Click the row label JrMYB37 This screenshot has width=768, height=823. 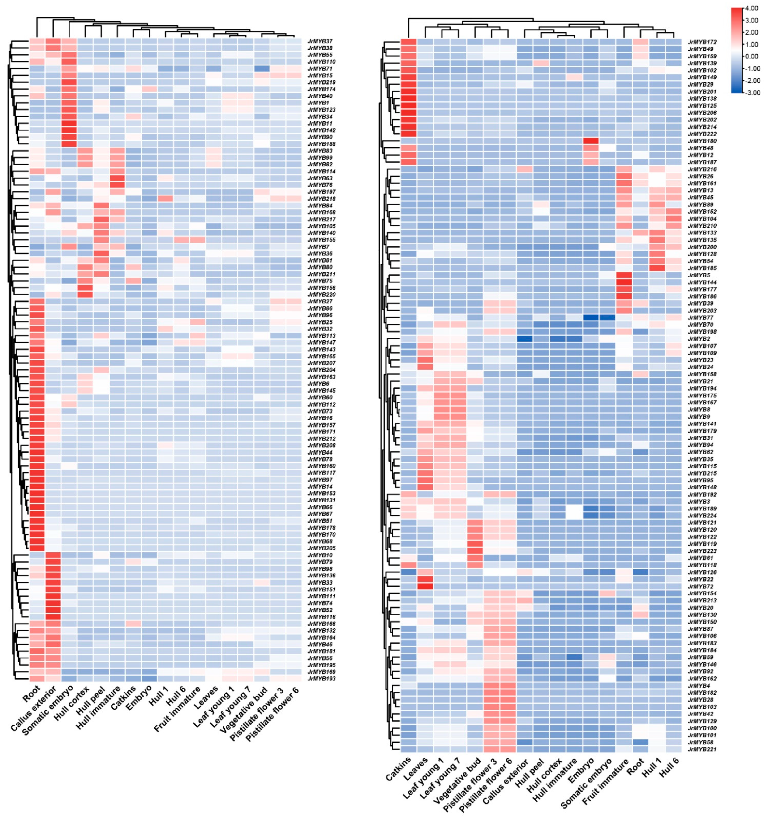coord(319,41)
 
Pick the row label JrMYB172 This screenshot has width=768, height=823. coord(702,42)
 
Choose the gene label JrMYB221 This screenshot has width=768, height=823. coord(702,749)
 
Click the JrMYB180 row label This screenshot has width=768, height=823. coord(702,141)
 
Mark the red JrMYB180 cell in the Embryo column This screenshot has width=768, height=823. coord(591,141)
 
